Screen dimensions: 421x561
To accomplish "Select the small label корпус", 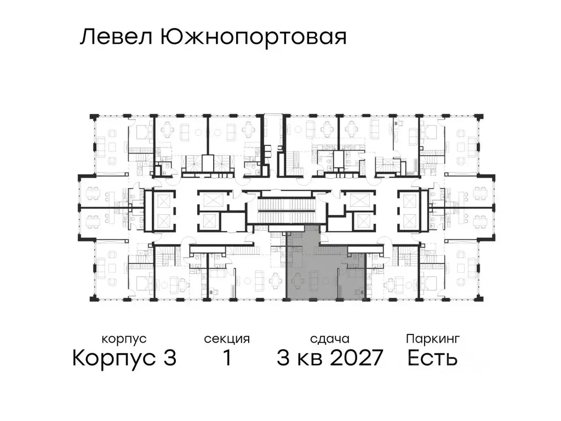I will point(124,339).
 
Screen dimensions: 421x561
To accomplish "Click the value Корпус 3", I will point(124,359).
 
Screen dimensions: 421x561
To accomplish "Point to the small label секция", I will point(227,339).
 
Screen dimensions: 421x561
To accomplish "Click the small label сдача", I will point(329,339).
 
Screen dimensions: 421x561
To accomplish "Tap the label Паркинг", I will point(432,338).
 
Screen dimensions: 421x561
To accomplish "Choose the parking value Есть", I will point(432,359).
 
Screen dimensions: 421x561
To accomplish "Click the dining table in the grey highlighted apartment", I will point(297,280).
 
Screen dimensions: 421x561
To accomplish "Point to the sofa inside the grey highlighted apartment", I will point(314,280).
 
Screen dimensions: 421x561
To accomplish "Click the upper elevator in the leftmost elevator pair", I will point(162,200).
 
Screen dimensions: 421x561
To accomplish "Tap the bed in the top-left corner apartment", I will point(142,132).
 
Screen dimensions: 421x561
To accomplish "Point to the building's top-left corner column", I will point(94,117).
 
